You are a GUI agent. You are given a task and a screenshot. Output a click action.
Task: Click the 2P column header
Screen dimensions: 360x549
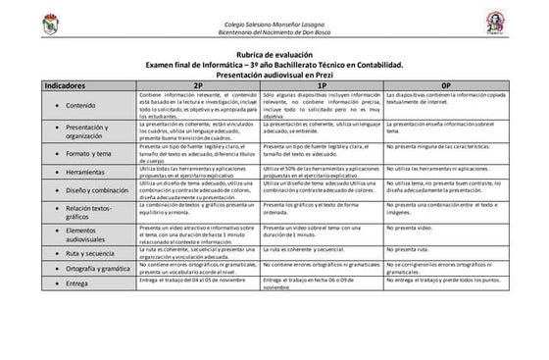click(199, 85)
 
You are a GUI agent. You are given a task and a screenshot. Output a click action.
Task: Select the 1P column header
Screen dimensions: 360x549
click(322, 85)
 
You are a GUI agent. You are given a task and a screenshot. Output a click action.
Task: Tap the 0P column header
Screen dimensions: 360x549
click(446, 85)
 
